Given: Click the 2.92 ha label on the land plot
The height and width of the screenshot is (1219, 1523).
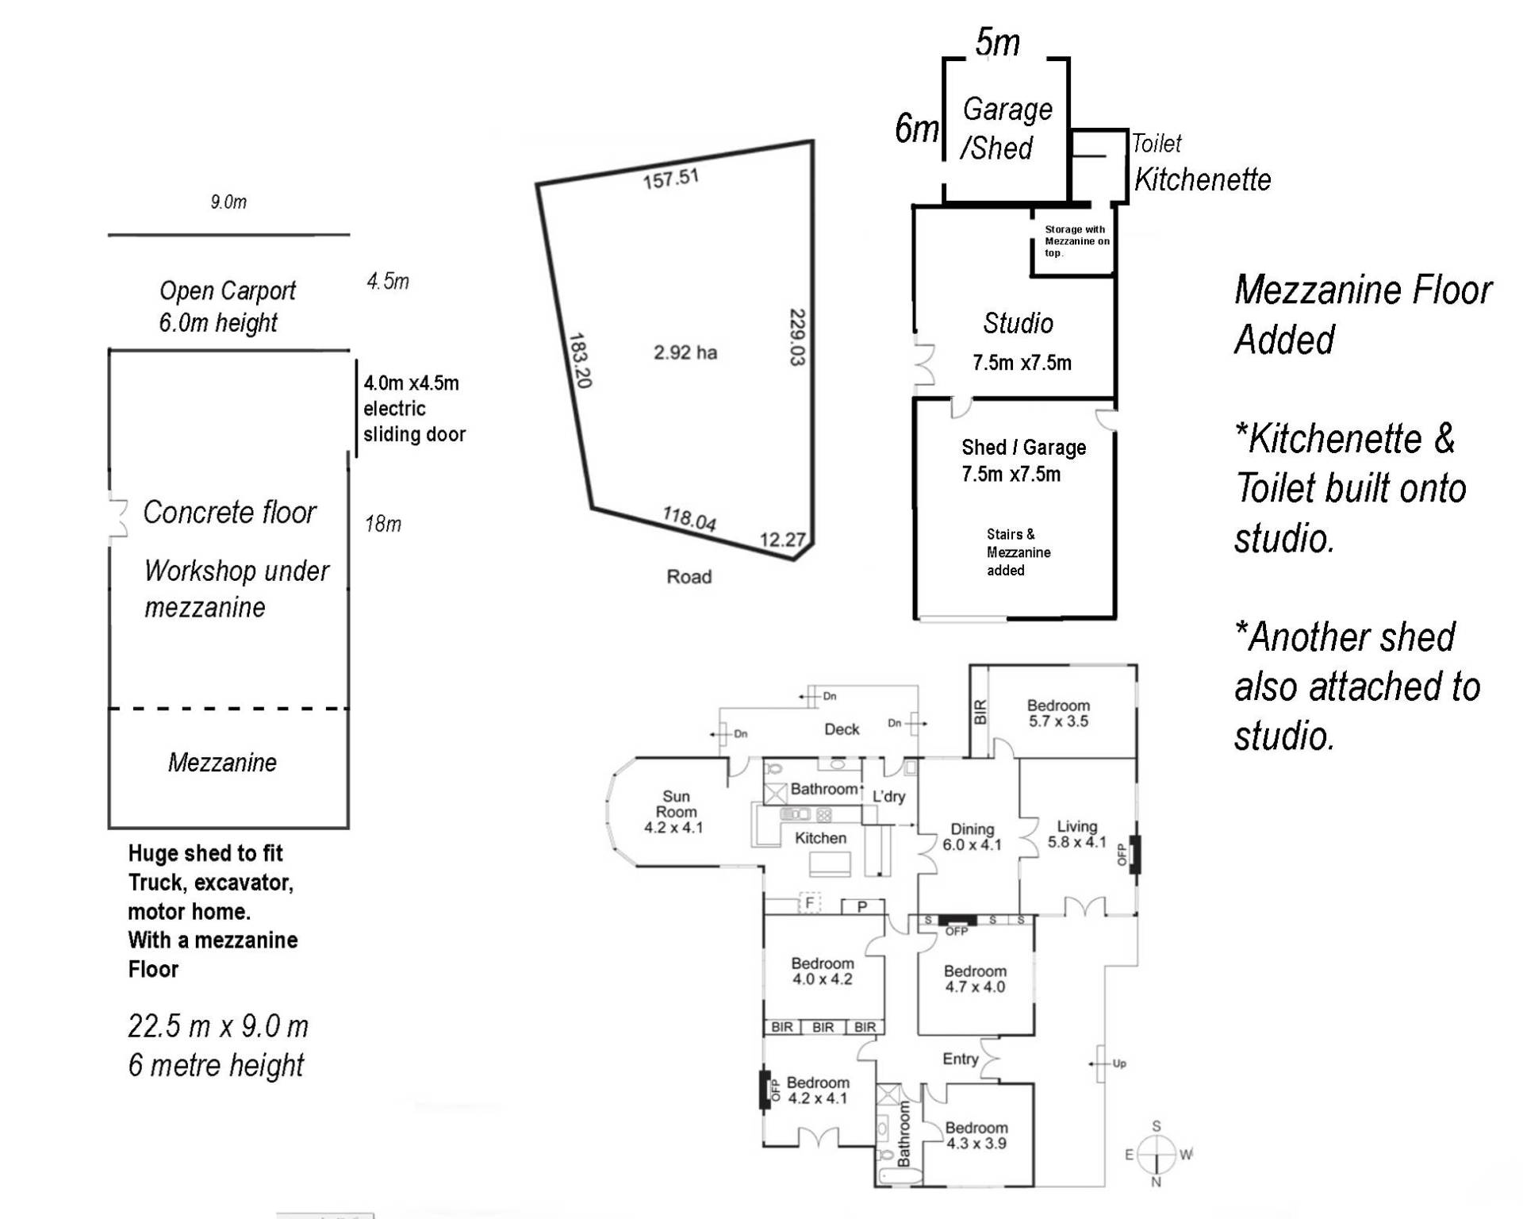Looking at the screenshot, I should pyautogui.click(x=685, y=352).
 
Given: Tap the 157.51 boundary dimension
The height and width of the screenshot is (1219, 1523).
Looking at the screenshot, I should pyautogui.click(x=670, y=179).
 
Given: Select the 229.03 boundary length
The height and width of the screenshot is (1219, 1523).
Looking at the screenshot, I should pyautogui.click(x=797, y=336).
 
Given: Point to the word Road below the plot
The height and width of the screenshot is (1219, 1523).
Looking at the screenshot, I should pyautogui.click(x=689, y=577).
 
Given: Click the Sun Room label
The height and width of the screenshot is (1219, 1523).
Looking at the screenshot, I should pyautogui.click(x=675, y=811).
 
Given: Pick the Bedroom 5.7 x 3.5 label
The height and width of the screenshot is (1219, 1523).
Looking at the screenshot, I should pyautogui.click(x=1058, y=713).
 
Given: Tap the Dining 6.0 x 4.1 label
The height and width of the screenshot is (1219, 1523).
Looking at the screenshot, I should pyautogui.click(x=972, y=837).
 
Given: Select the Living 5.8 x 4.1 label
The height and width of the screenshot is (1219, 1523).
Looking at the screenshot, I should pyautogui.click(x=1076, y=834).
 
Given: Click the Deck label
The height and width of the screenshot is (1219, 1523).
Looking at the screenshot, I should pyautogui.click(x=842, y=729).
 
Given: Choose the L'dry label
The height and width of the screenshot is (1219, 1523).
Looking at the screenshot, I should pyautogui.click(x=888, y=797).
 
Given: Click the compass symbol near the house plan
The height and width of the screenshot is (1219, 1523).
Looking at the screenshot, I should pyautogui.click(x=1157, y=1154).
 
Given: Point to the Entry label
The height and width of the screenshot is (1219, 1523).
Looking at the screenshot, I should pyautogui.click(x=960, y=1059).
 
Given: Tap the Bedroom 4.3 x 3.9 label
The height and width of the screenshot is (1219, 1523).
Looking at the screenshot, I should pyautogui.click(x=976, y=1136).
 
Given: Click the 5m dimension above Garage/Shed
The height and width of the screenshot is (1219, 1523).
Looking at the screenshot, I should pyautogui.click(x=997, y=43).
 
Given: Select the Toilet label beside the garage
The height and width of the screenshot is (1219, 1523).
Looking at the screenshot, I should pyautogui.click(x=1157, y=144).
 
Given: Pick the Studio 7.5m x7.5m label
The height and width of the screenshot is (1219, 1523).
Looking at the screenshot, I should pyautogui.click(x=1020, y=342).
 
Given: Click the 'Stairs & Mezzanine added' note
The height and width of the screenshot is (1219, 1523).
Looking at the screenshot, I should pyautogui.click(x=1018, y=552).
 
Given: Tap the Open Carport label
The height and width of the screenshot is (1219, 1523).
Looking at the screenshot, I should pyautogui.click(x=227, y=291).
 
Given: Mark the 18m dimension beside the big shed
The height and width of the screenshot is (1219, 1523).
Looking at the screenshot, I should pyautogui.click(x=383, y=524).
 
